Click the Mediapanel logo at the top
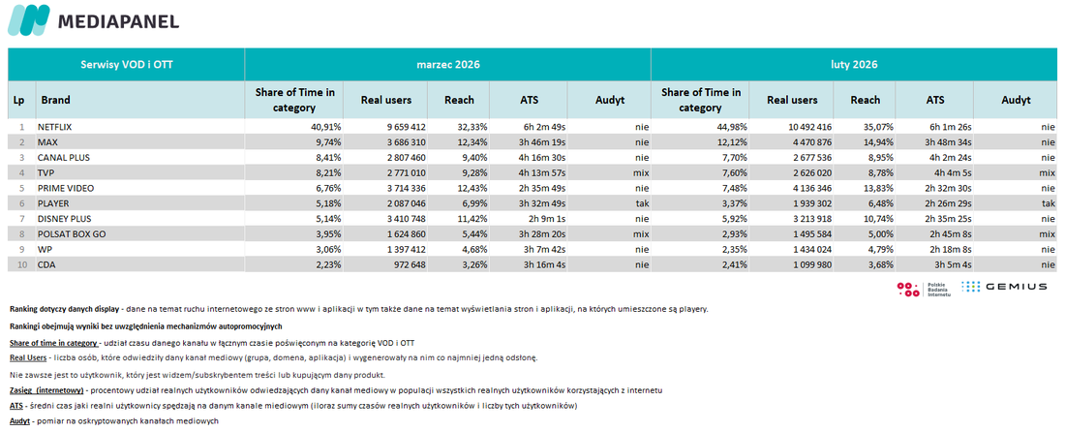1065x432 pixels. pos(93,20)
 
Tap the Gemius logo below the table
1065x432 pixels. pos(1004,287)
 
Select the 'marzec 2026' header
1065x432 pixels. pos(447,65)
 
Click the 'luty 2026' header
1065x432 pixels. pos(855,65)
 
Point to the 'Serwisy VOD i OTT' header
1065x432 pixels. pos(126,65)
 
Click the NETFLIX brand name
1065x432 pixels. pos(55,127)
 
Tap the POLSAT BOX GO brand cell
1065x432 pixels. pos(71,233)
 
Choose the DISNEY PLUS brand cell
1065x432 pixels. pos(65,218)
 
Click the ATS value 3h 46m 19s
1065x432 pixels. pos(539,142)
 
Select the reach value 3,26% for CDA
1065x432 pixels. pos(473,263)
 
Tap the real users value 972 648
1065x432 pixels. pos(407,263)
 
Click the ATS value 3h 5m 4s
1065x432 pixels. pos(950,263)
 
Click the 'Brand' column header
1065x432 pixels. pos(56,100)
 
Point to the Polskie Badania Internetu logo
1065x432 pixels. pos(925,288)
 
